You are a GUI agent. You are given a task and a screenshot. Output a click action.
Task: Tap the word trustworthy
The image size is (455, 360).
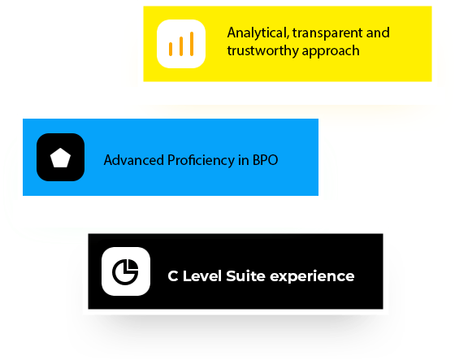coord(263,51)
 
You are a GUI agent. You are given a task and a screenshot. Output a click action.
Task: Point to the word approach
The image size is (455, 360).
coord(331,52)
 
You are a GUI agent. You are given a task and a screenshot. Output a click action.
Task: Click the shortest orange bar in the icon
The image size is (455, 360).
coord(171,49)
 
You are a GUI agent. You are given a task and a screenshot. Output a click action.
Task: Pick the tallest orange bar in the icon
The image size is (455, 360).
coord(192,44)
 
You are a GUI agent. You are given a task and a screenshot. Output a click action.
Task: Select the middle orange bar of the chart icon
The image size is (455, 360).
coord(181,46)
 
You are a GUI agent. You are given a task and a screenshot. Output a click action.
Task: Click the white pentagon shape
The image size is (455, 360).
coord(60,158)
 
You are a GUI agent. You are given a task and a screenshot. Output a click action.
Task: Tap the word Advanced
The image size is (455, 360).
coord(134,160)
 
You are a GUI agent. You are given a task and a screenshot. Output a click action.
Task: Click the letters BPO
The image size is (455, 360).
coord(265,160)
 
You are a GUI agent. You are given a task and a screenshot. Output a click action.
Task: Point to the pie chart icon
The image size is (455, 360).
coord(125,271)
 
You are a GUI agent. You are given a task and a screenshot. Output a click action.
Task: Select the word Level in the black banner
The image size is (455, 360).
coord(202,275)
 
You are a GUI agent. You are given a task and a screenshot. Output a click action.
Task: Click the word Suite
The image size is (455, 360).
coord(245,275)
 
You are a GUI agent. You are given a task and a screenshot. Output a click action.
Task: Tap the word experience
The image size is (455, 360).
coord(312,276)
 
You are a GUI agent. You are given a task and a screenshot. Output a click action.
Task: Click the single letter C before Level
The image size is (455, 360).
coord(173,276)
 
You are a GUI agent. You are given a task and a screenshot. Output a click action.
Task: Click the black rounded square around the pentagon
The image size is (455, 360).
coord(61,158)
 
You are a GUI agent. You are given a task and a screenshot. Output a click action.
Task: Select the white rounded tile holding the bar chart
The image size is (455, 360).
coord(181,44)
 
